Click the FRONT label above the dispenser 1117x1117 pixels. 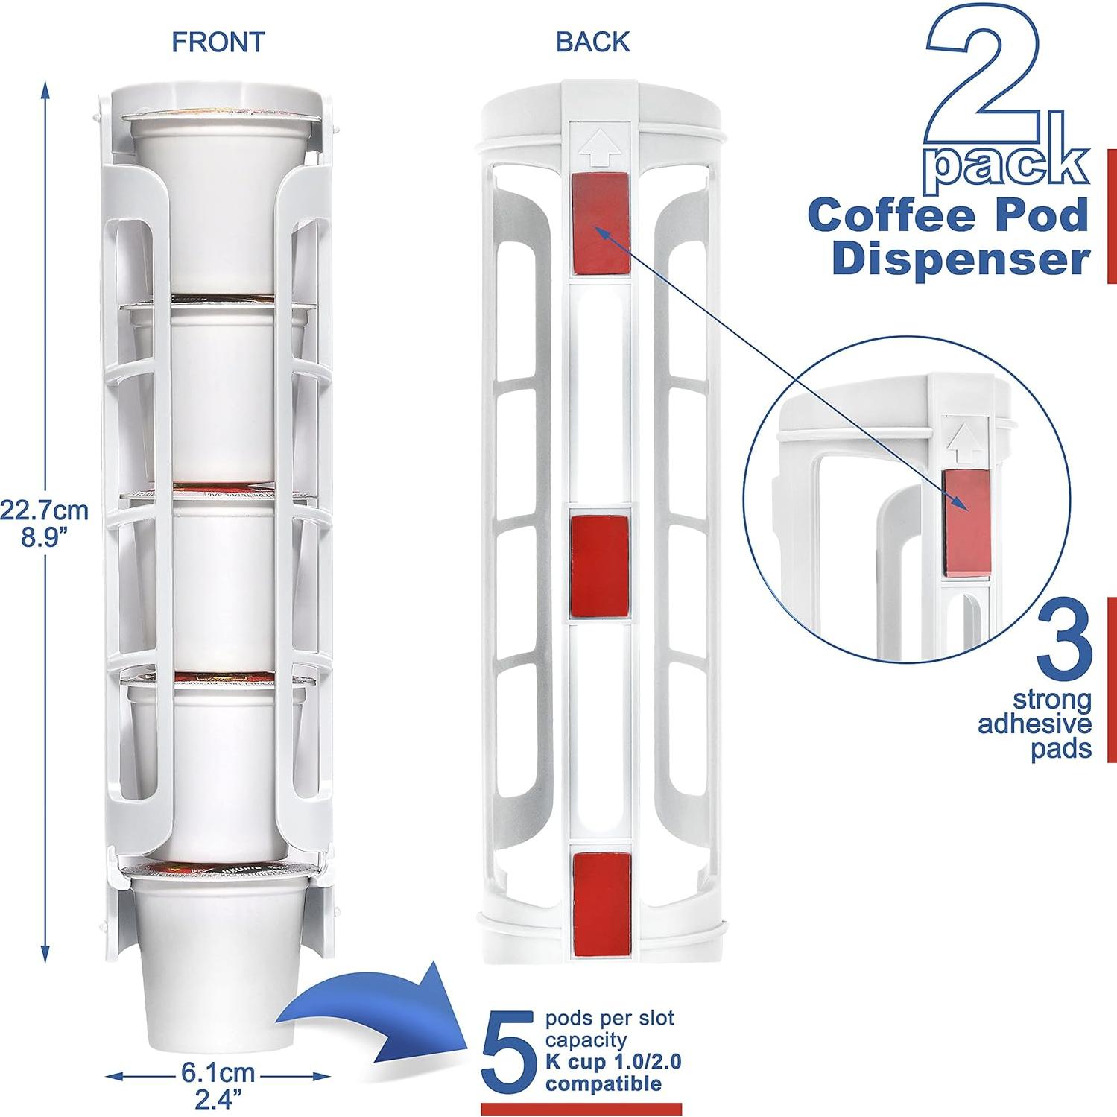click(218, 42)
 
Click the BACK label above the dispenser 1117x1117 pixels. click(593, 42)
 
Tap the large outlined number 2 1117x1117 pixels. click(984, 82)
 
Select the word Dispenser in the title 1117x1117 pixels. click(961, 259)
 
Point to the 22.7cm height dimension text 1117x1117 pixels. click(44, 511)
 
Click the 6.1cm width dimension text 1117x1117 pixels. click(218, 1074)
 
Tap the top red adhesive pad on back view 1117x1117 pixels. click(601, 224)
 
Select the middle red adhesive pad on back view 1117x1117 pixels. click(600, 566)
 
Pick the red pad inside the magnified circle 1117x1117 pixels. click(966, 522)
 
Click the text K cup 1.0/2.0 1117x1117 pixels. click(613, 1061)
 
